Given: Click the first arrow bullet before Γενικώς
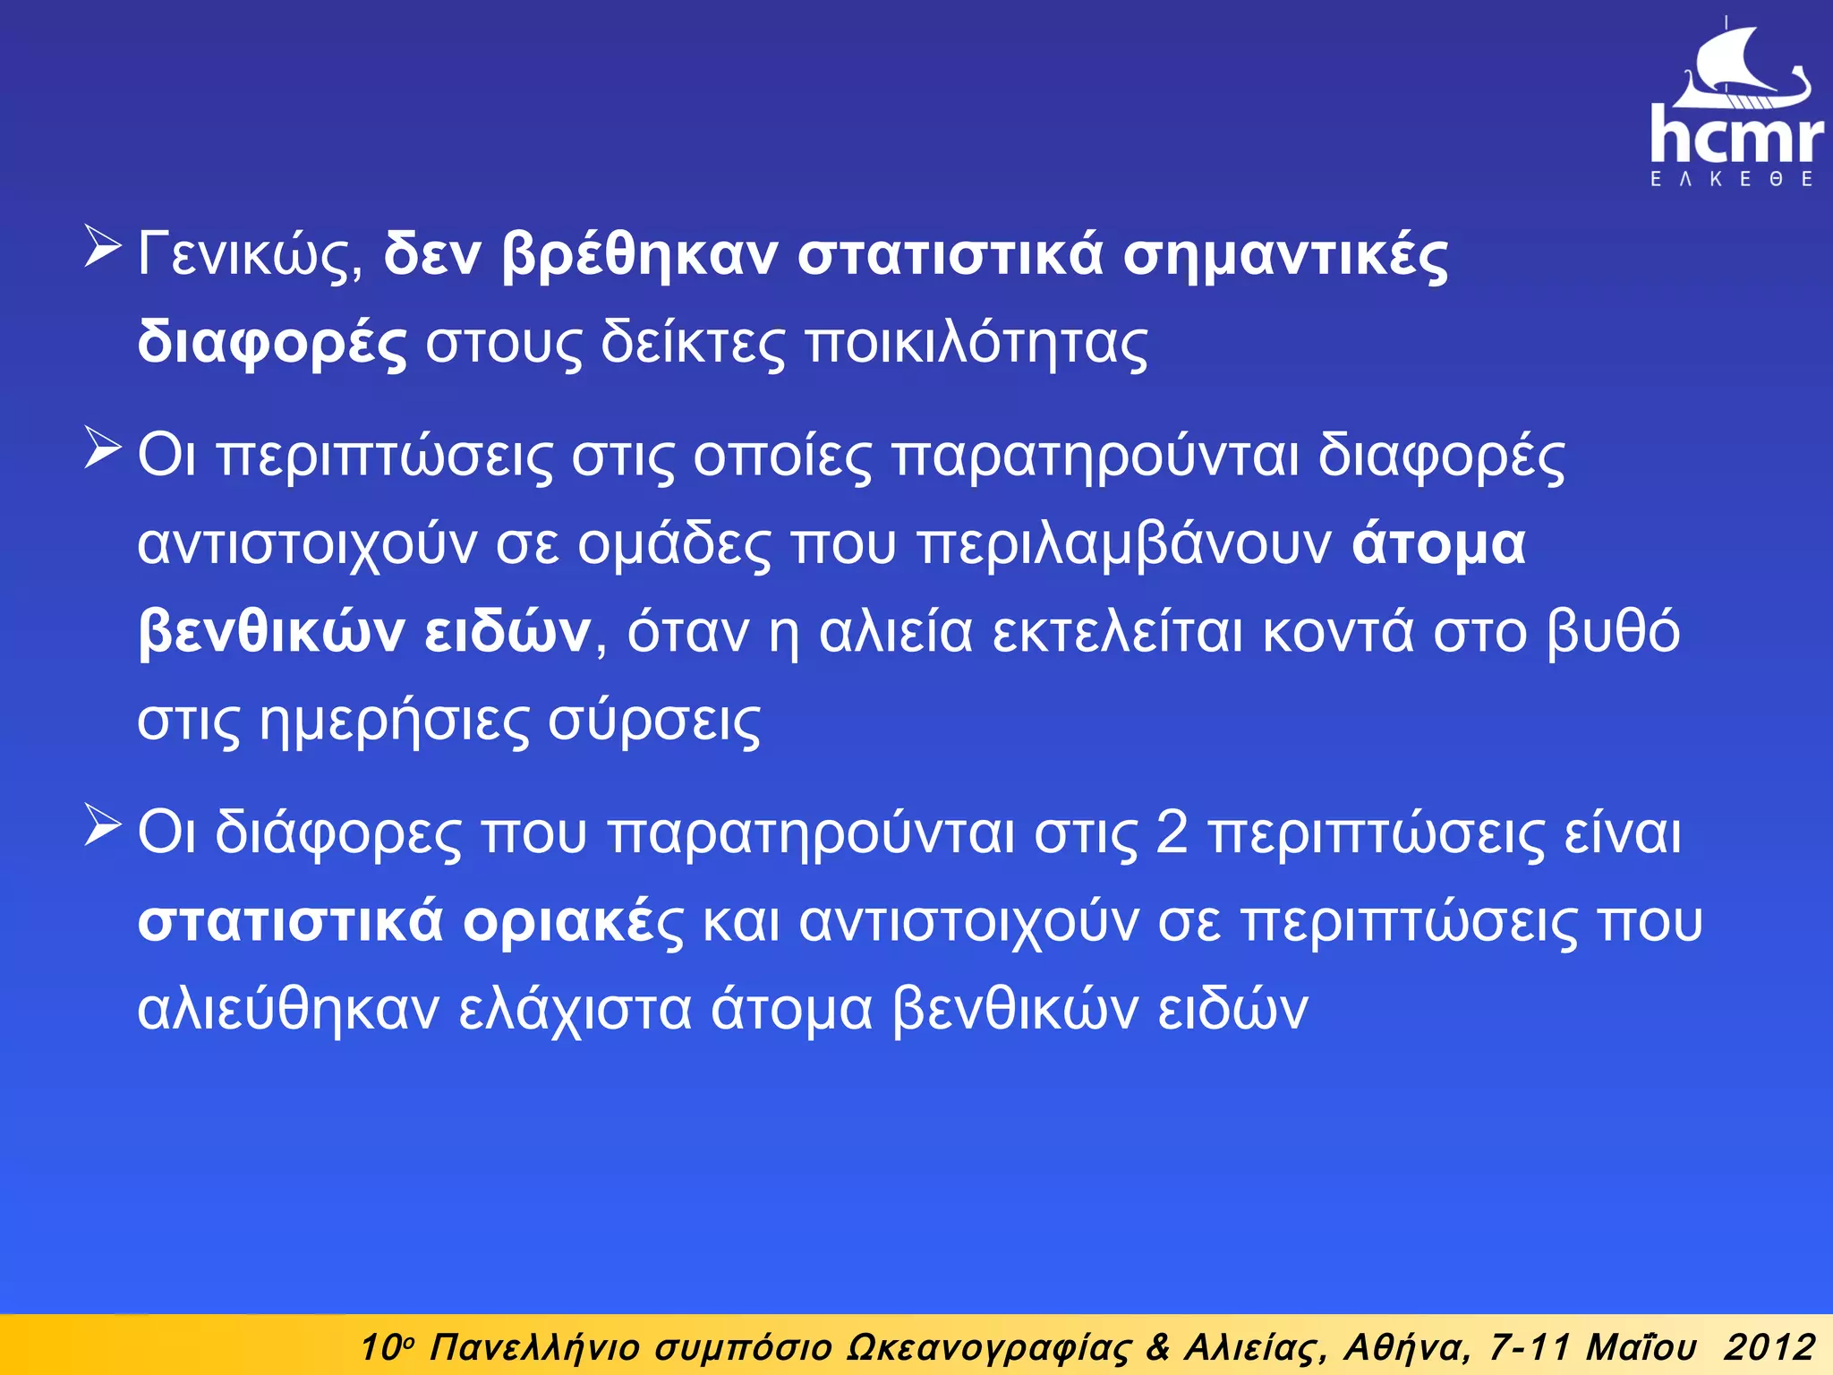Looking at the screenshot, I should (x=102, y=248).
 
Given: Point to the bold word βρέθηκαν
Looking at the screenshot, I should (x=640, y=256).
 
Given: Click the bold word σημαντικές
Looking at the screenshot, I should (x=1285, y=256).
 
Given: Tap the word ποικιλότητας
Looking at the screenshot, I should (x=976, y=344).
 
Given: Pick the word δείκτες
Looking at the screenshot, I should (x=692, y=344).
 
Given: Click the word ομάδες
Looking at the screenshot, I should (x=673, y=544).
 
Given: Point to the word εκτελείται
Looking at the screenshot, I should (x=1118, y=632).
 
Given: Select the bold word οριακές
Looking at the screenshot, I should (x=573, y=921).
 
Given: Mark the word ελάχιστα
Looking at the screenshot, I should (x=575, y=1009).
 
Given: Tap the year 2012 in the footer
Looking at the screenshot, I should (x=1769, y=1347).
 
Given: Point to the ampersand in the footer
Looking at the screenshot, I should (x=1157, y=1347).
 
